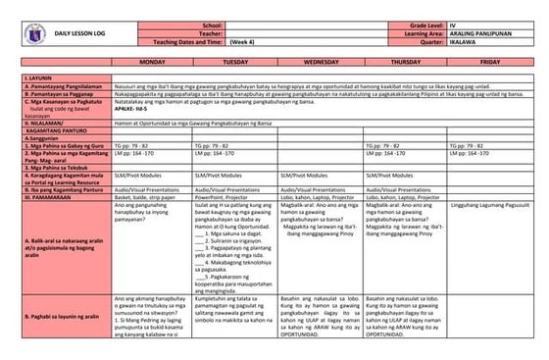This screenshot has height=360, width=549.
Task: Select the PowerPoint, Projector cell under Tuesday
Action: [225, 195]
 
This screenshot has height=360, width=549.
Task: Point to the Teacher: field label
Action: [210, 31]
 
